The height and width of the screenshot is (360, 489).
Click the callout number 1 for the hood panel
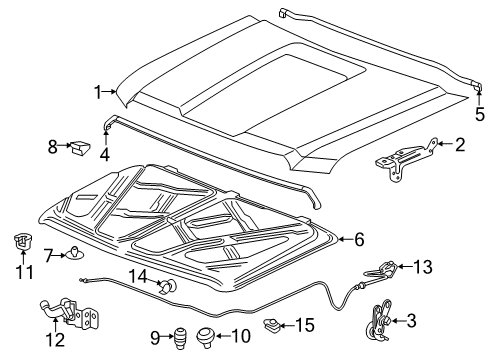pos(98,93)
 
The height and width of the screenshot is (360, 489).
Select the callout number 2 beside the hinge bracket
pos(459,146)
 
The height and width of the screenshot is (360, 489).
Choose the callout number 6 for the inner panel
pos(358,239)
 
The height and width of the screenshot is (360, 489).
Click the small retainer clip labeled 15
pos(269,324)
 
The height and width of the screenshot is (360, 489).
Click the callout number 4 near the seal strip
pos(104,155)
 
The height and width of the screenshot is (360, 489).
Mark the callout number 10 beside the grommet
pos(240,336)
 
